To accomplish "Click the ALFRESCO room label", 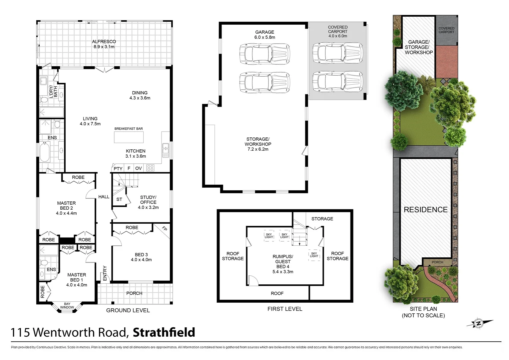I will (x=104, y=42).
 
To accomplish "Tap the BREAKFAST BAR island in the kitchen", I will (x=129, y=137).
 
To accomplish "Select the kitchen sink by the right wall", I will (x=166, y=150).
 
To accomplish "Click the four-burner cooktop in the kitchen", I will (x=150, y=168).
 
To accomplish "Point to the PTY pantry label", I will (x=118, y=169).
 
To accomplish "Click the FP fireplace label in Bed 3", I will (x=164, y=229).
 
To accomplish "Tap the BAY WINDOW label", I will (x=67, y=306).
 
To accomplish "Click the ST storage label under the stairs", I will (x=119, y=199).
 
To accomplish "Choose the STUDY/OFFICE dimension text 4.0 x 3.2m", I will (x=148, y=207).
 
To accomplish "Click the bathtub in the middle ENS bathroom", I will (x=45, y=152).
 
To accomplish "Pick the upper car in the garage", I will (x=264, y=53).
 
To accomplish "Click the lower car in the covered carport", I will (x=337, y=81).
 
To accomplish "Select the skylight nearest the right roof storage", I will (x=314, y=255).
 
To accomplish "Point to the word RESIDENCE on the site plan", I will (x=425, y=210).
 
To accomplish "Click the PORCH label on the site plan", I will (x=437, y=262).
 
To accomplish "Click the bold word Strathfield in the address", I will (x=164, y=332).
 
